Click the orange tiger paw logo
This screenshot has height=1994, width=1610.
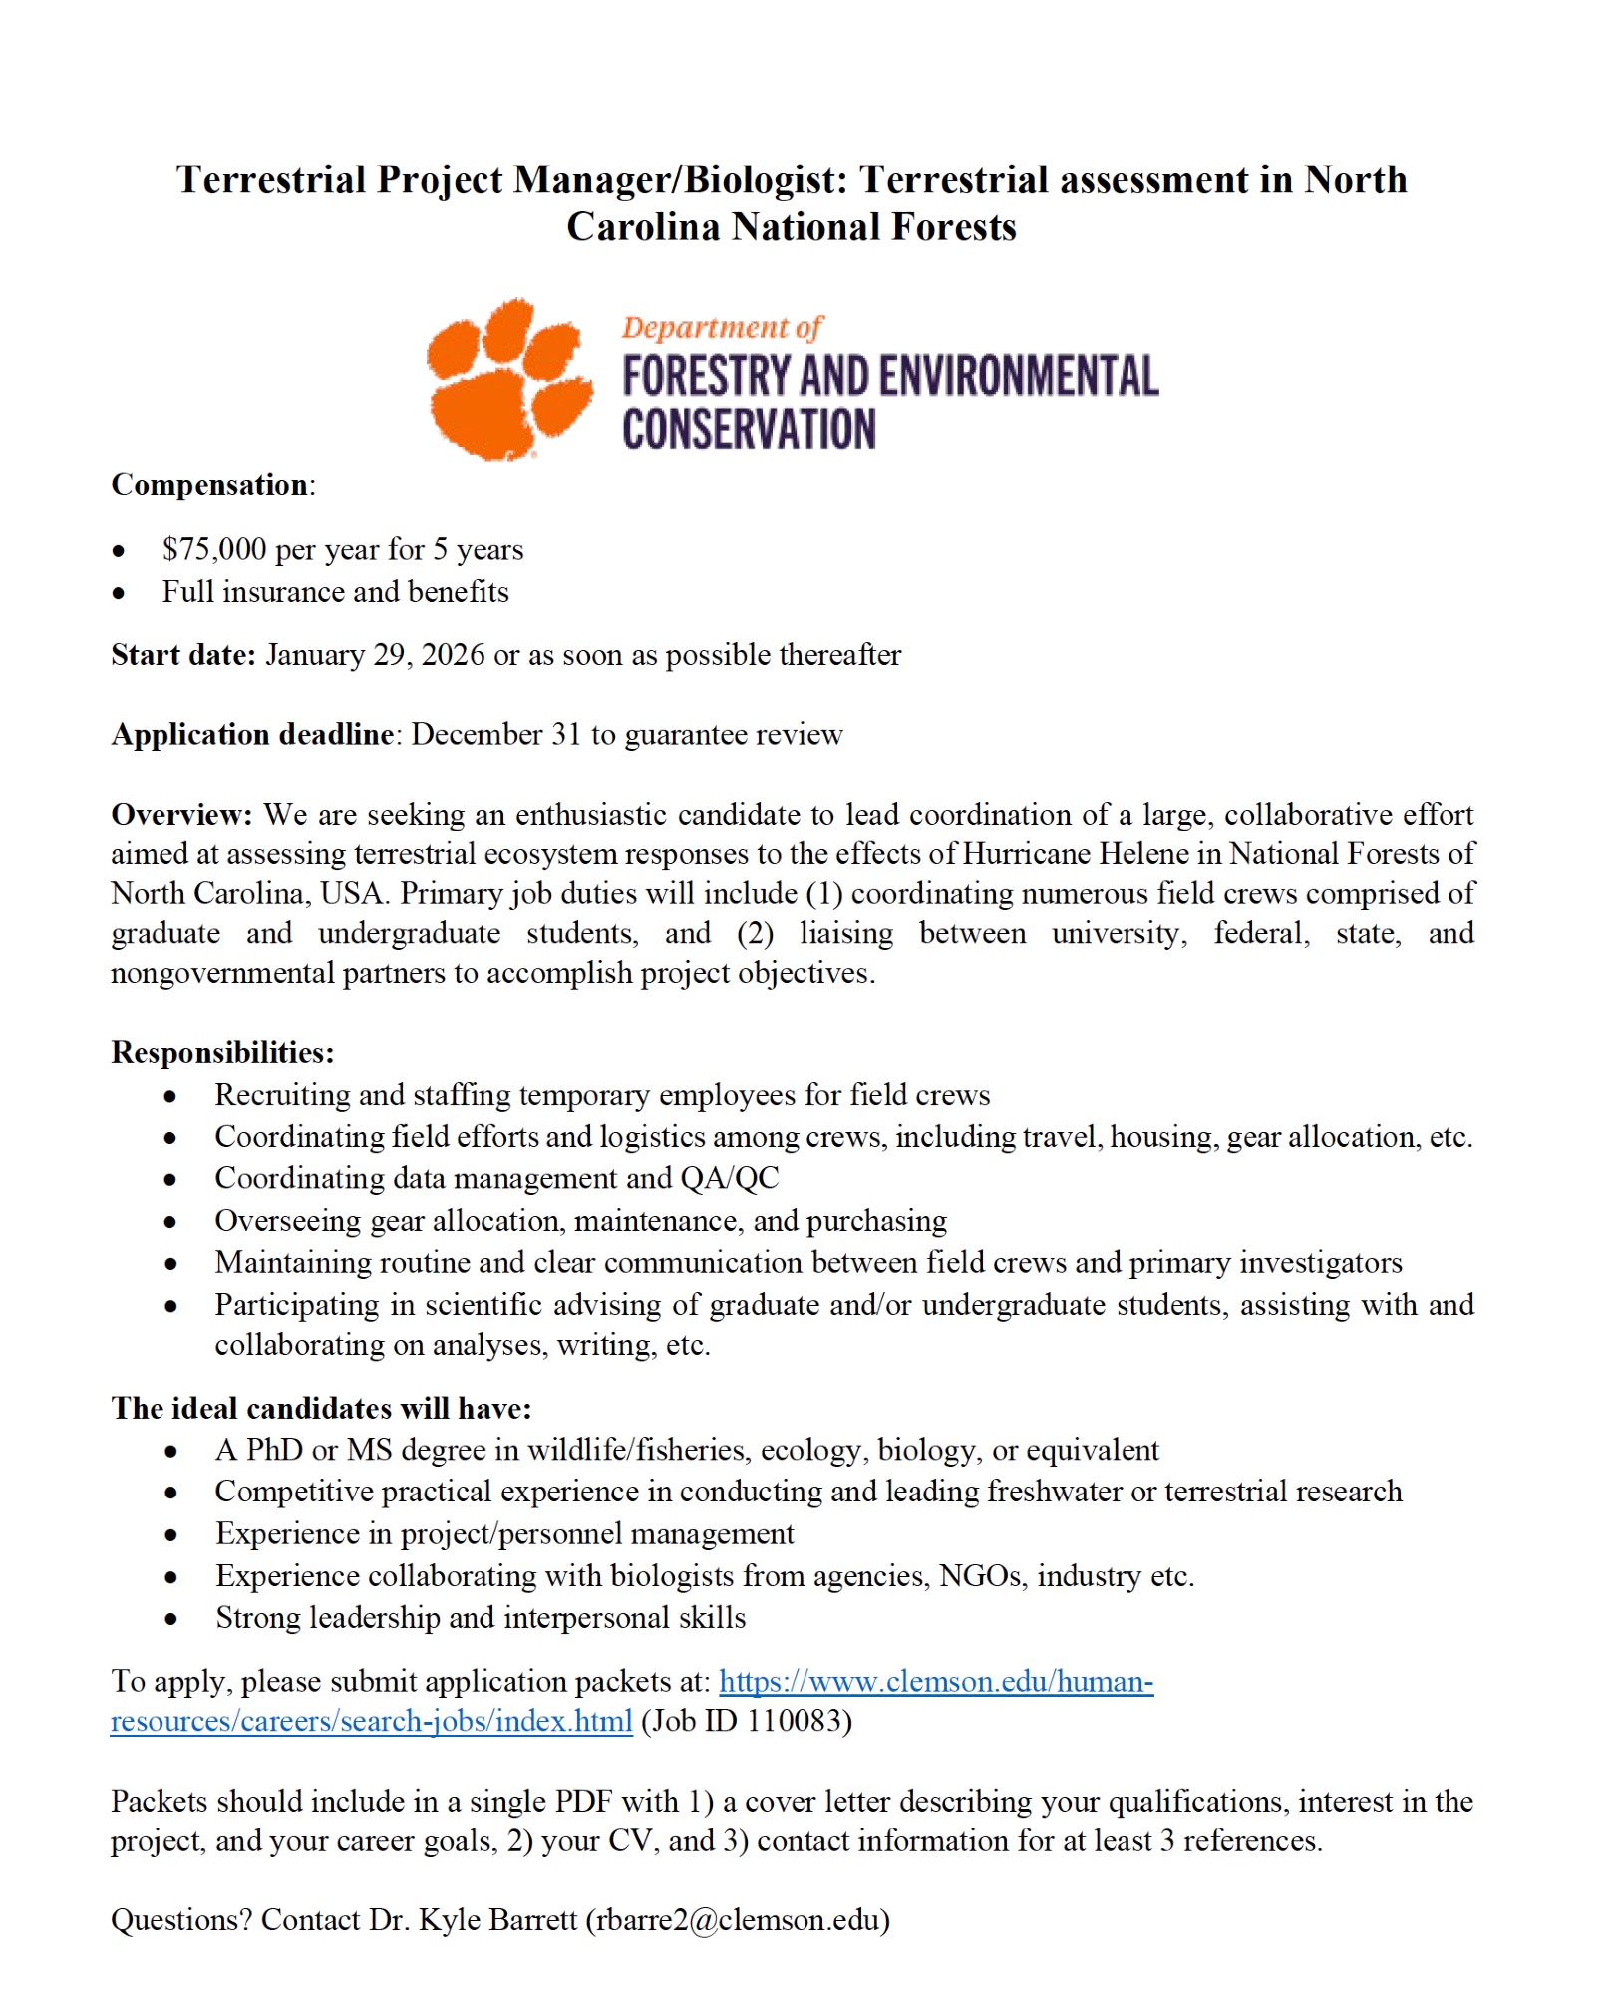pos(508,379)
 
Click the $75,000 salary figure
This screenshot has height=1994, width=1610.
pos(214,549)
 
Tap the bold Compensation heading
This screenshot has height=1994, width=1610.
pos(209,485)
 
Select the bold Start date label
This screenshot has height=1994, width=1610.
pos(183,655)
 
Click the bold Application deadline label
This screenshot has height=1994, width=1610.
pos(252,735)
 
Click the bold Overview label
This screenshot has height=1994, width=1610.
pos(181,815)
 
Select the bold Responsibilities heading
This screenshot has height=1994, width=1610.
pos(222,1053)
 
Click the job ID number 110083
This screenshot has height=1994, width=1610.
pos(795,1722)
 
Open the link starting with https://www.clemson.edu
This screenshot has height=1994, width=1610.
pos(935,1682)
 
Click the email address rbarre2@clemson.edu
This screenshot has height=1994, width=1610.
pos(738,1920)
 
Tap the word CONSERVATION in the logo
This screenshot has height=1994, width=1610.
pos(749,429)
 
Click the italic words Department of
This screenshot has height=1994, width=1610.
pos(723,327)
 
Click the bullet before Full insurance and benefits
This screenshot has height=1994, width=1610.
pos(119,593)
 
